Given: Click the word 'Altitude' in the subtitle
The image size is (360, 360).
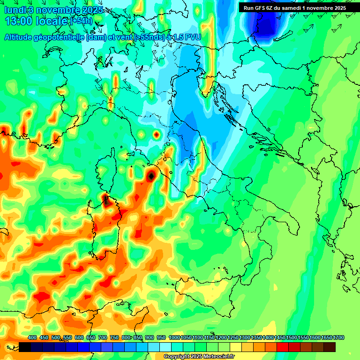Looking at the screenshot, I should [x=23, y=37].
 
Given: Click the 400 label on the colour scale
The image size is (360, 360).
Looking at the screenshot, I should [x=32, y=337].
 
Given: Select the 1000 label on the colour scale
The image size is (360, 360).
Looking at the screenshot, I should [x=174, y=337].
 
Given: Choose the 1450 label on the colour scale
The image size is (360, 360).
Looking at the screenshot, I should [x=280, y=337].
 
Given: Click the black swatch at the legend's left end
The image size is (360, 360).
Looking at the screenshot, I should [x=25, y=347].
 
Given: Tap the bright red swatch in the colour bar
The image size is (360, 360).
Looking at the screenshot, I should [x=283, y=347].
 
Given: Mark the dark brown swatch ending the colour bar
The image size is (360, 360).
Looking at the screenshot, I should [x=330, y=347].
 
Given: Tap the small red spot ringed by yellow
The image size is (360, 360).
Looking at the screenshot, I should [x=156, y=135].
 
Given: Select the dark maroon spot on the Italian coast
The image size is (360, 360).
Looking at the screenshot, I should [x=151, y=176].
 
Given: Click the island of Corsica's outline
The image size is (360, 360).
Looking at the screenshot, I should [x=106, y=169].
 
